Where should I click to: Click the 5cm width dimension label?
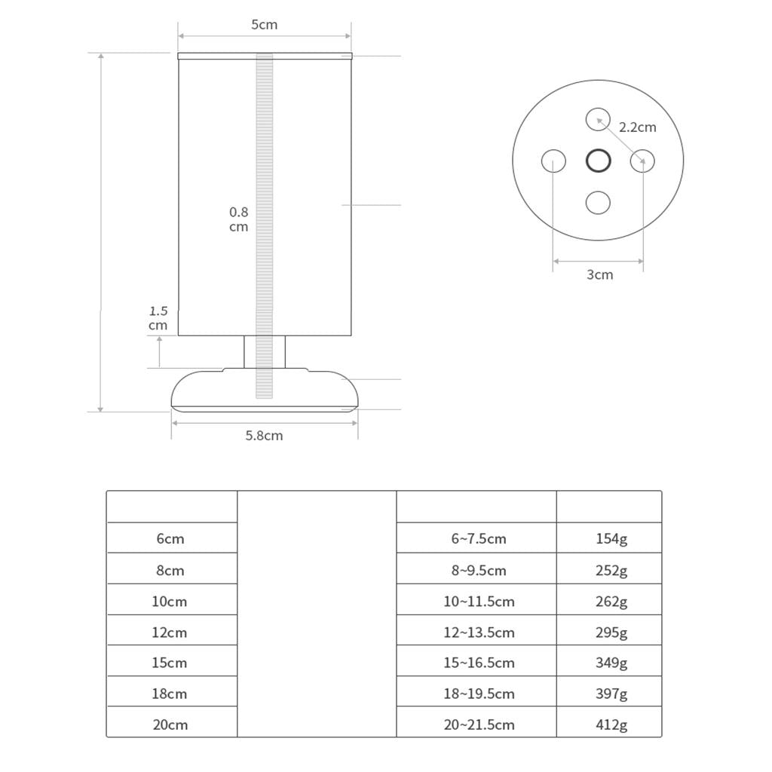pos(264,25)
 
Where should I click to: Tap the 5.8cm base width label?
pos(264,436)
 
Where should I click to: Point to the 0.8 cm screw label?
pos(238,219)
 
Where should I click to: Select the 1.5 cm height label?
pos(158,318)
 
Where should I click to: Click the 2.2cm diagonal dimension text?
pos(637,127)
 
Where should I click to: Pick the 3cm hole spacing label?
pos(599,274)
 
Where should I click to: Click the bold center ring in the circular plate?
pos(598,161)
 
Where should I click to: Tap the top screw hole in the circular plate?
pos(598,119)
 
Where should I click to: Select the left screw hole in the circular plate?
pos(553,161)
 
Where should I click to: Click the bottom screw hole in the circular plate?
pos(598,203)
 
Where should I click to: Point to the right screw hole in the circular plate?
pos(642,161)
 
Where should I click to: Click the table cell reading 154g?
pos(611,539)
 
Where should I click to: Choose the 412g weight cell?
pos(611,725)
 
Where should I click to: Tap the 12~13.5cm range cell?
pos(479,633)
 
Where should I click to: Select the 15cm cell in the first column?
pos(170,663)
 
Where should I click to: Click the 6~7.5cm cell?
pos(479,539)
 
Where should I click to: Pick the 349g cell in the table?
pos(611,663)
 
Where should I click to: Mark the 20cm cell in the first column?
pos(170,725)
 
